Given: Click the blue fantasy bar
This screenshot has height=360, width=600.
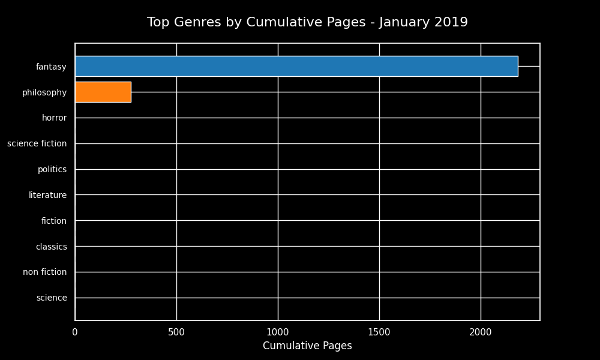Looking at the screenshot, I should [x=296, y=67].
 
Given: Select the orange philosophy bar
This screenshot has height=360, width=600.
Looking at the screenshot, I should [x=103, y=92].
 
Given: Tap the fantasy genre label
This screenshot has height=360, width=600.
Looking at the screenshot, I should [x=51, y=67].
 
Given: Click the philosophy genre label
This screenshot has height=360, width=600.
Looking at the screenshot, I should [x=44, y=92].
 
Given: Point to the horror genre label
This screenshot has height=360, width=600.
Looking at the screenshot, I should [x=54, y=118].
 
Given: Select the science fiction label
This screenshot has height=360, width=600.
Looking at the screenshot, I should [x=37, y=144].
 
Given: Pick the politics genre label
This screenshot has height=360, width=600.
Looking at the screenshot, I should [x=52, y=170].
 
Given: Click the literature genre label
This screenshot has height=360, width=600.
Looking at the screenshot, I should [x=47, y=195].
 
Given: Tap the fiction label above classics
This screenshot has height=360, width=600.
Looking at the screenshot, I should [x=54, y=221].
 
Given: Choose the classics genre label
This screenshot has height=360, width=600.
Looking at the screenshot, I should [x=51, y=247].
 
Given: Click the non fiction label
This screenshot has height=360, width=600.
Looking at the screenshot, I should [x=44, y=272].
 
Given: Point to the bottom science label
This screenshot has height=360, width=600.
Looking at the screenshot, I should [x=52, y=298].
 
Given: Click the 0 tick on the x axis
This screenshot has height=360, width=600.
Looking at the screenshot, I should [x=75, y=331].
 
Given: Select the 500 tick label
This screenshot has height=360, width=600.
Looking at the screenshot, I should [x=176, y=331].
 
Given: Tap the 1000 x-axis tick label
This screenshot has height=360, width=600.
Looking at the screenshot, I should [x=278, y=331].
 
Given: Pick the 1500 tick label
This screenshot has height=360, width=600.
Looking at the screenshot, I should [x=379, y=331].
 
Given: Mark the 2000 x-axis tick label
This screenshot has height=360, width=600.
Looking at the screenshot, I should [x=481, y=331].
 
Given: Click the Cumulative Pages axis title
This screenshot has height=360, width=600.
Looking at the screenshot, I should [x=307, y=346].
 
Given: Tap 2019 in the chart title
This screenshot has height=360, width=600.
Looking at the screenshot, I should [x=452, y=23].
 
